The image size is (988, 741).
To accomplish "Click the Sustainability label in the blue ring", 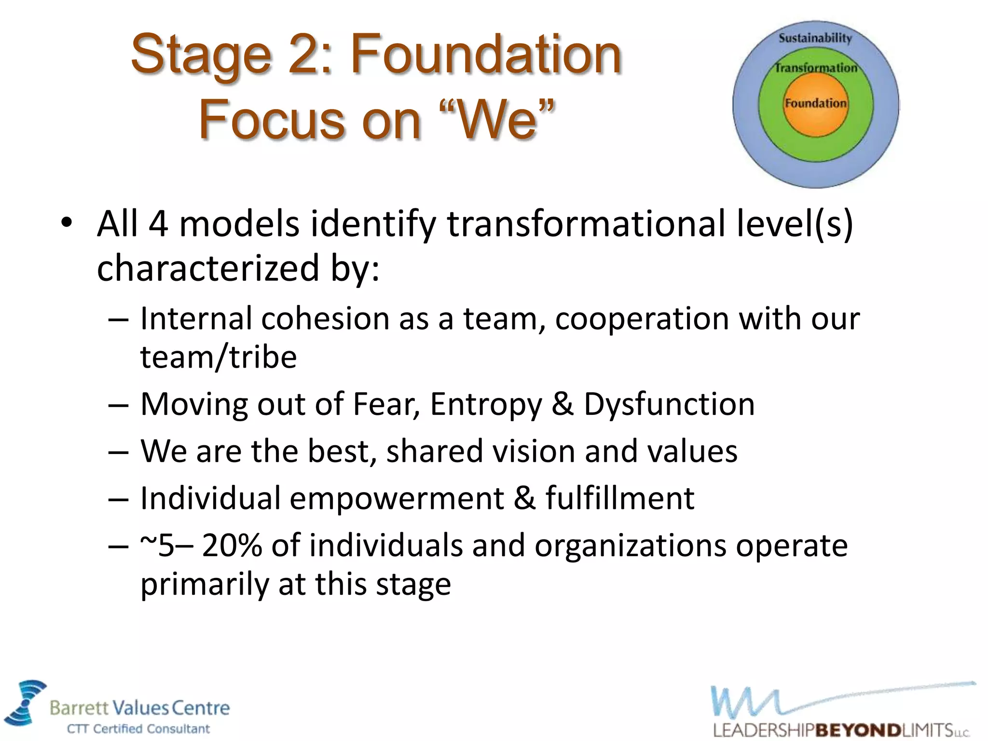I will point(815,38).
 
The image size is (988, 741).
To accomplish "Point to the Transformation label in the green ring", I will point(816,68).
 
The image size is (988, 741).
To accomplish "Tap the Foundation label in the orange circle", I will point(815,103).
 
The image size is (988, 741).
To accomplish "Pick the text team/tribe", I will point(218,357).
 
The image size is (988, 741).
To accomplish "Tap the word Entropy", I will point(486,404).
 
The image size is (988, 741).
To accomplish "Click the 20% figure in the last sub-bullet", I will point(232,546).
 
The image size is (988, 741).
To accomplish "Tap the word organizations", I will point(630,546).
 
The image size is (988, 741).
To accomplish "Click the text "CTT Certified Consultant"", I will point(138,728).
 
